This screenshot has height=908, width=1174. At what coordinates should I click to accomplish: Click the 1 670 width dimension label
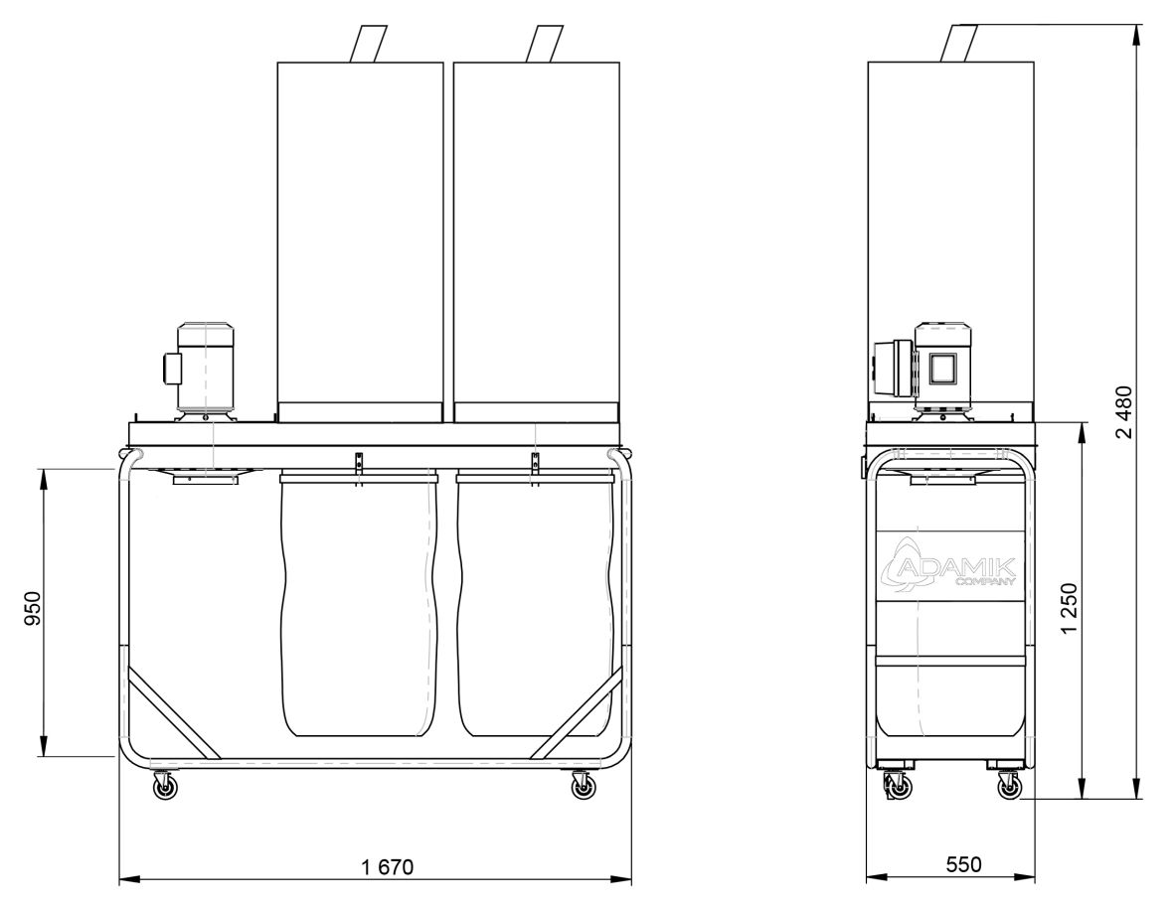[x=387, y=865]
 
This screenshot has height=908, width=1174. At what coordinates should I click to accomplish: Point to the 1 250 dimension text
[x=1070, y=612]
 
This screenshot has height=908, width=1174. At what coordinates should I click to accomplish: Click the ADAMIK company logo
[x=949, y=570]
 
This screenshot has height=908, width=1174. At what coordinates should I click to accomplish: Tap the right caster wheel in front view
[x=583, y=788]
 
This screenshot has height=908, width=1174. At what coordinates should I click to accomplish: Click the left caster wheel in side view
[x=897, y=788]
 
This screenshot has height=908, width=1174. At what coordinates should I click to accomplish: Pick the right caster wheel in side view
[x=1010, y=788]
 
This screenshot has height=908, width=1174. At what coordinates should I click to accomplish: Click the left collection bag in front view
[x=359, y=606]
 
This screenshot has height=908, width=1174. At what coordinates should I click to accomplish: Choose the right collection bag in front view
[x=535, y=606]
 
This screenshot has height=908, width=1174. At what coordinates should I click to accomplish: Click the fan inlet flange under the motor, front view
[x=205, y=478]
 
